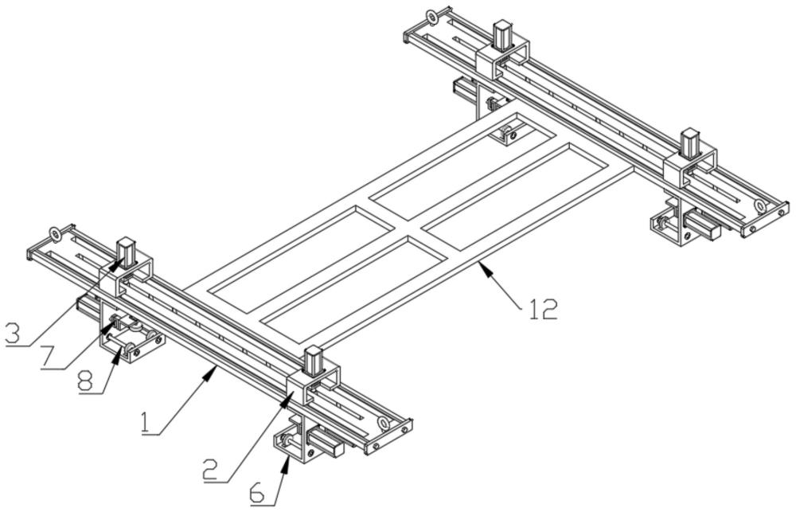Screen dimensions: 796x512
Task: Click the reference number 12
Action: tap(543, 309)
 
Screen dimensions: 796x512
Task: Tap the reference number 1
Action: tap(146, 423)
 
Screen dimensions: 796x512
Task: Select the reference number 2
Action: tap(212, 469)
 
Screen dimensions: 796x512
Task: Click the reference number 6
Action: tap(259, 493)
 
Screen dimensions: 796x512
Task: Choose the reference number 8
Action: tap(87, 381)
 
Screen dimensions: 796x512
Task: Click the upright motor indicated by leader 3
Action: tap(127, 252)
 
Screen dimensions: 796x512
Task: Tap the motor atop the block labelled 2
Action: tap(313, 362)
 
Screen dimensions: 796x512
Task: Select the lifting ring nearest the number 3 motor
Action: tap(54, 234)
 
